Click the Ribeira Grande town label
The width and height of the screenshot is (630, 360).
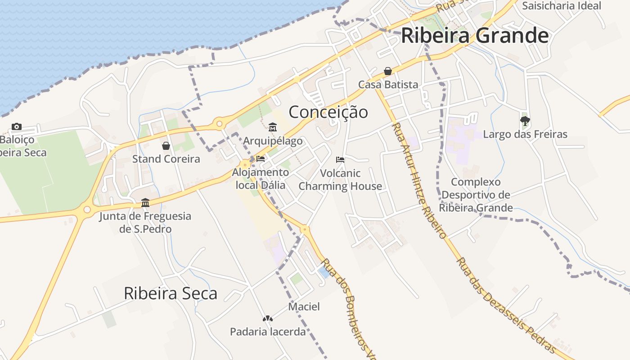pos(475,36)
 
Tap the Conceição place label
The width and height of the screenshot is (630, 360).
pos(328,112)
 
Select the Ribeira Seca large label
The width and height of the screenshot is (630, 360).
pos(170,293)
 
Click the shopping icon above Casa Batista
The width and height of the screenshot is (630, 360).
pos(388,71)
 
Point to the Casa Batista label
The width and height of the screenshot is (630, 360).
pos(388,85)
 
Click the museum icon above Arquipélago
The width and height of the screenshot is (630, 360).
pos(272,127)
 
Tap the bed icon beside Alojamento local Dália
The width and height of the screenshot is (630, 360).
pos(261,159)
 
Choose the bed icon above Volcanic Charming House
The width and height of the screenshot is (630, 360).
pos(340,160)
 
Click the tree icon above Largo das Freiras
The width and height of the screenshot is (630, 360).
pos(525,121)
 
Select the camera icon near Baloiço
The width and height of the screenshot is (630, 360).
pos(17,127)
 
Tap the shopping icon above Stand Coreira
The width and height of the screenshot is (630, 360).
pos(166,146)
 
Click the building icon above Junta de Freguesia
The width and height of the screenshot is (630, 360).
pos(145,203)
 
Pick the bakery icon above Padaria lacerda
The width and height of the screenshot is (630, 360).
pos(268,319)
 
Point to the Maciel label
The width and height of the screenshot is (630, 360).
pos(304,307)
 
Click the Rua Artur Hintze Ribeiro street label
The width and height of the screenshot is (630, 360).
pos(419,180)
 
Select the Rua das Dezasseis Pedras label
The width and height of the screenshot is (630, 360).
pos(506,306)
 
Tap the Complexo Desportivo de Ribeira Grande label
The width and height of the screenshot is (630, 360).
pos(476,195)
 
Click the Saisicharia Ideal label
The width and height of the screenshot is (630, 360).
pos(562,6)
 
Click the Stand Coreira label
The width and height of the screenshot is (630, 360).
pos(166,159)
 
